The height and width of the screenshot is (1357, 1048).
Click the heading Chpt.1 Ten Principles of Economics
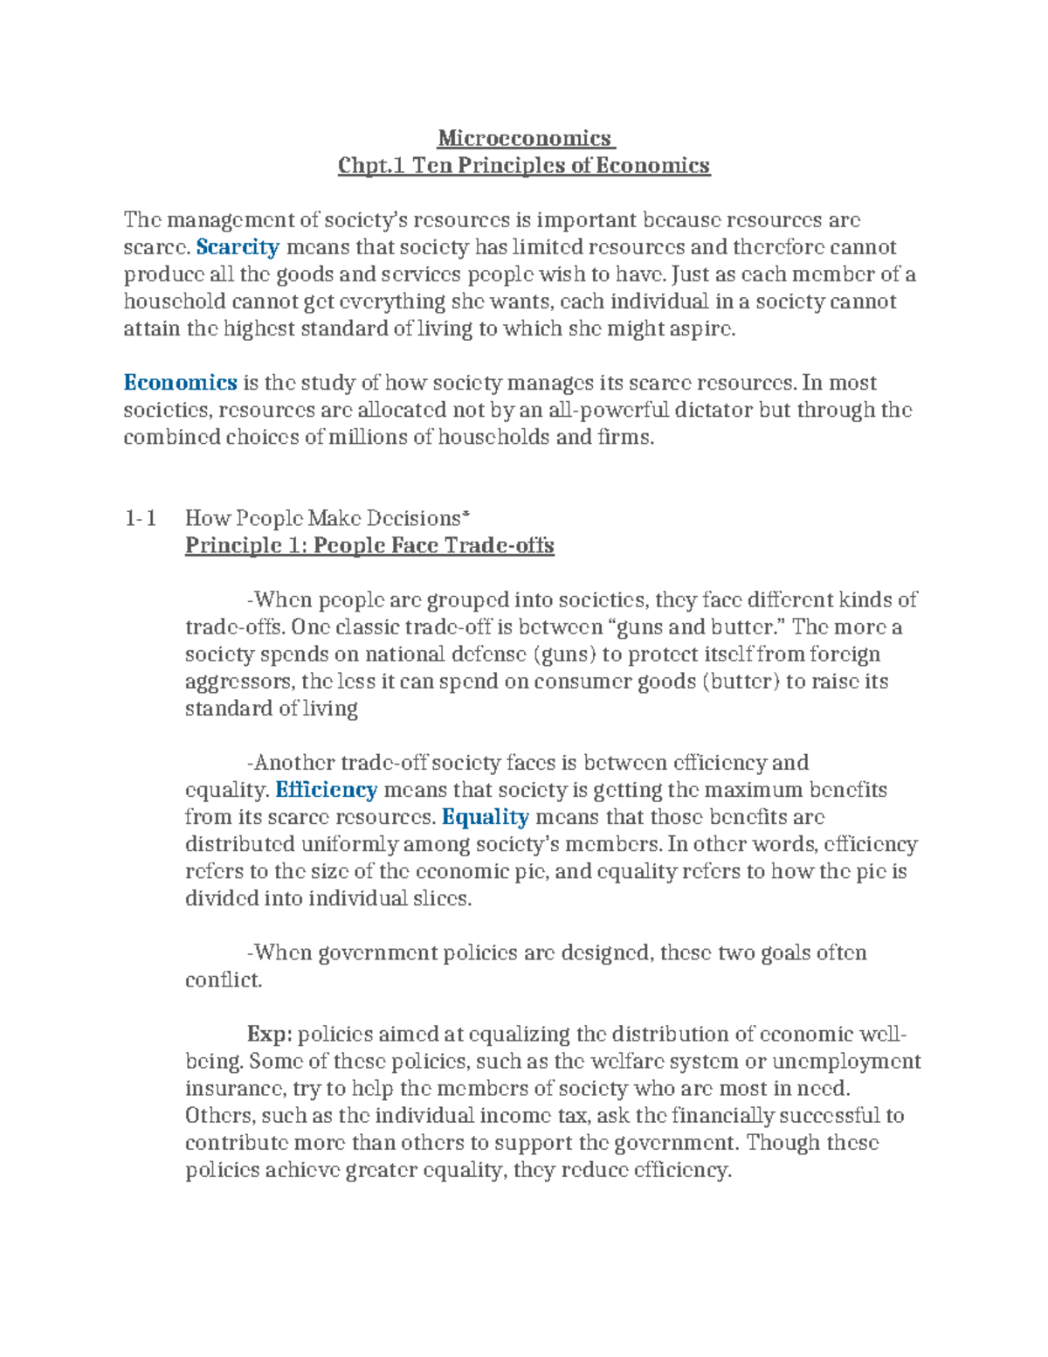tap(524, 165)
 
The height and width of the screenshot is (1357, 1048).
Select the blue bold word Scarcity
tap(238, 247)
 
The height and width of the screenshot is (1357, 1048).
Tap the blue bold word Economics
tap(180, 383)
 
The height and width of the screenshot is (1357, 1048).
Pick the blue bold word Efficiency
tap(326, 790)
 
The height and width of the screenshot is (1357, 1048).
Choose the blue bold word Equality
tap(485, 817)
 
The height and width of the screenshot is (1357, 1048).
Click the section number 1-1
tap(141, 519)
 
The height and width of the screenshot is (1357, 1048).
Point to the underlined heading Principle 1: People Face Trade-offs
tap(369, 546)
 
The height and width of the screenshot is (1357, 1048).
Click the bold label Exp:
tap(269, 1035)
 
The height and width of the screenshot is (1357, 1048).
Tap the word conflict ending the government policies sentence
tap(223, 980)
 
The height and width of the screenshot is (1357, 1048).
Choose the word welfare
tap(622, 1062)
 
